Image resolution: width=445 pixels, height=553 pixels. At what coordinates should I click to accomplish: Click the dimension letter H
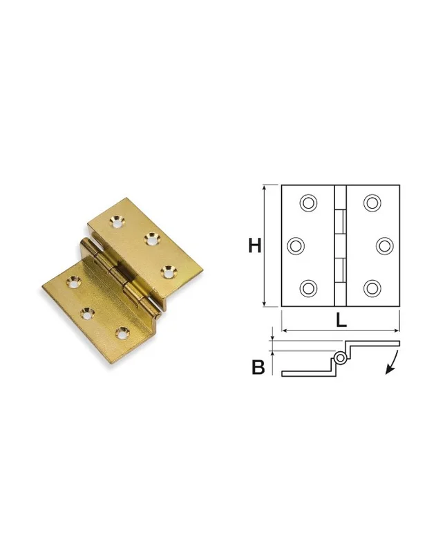click(255, 245)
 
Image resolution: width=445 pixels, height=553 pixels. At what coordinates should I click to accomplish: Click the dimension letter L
click(341, 320)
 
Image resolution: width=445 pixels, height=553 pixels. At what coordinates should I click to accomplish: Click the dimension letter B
click(258, 367)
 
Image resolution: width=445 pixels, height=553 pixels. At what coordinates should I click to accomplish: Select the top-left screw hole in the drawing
click(309, 203)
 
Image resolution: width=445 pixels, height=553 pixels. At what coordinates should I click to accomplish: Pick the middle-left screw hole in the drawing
click(296, 246)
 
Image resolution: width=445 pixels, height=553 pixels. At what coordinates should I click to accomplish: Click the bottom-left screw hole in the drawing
click(309, 288)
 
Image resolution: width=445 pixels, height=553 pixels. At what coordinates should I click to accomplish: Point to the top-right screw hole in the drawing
click(372, 203)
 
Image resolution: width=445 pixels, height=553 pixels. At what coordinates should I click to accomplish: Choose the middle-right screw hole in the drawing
click(385, 246)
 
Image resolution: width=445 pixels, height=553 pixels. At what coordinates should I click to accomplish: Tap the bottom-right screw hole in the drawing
click(372, 288)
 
